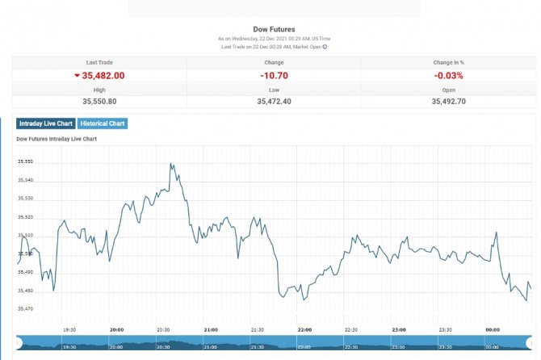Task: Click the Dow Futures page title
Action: pos(274,29)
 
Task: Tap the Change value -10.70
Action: pos(274,75)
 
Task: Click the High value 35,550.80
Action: pos(99,101)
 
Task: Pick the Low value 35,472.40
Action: pos(274,101)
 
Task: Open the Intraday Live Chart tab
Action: pos(45,123)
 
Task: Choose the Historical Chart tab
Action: pos(102,123)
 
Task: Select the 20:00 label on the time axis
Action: pos(116,329)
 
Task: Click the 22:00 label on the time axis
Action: pos(304,329)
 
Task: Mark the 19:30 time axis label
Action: pos(69,329)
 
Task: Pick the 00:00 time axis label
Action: pos(492,329)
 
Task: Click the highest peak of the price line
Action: pos(170,164)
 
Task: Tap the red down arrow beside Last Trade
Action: pos(77,75)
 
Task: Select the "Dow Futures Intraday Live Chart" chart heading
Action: pos(57,139)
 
